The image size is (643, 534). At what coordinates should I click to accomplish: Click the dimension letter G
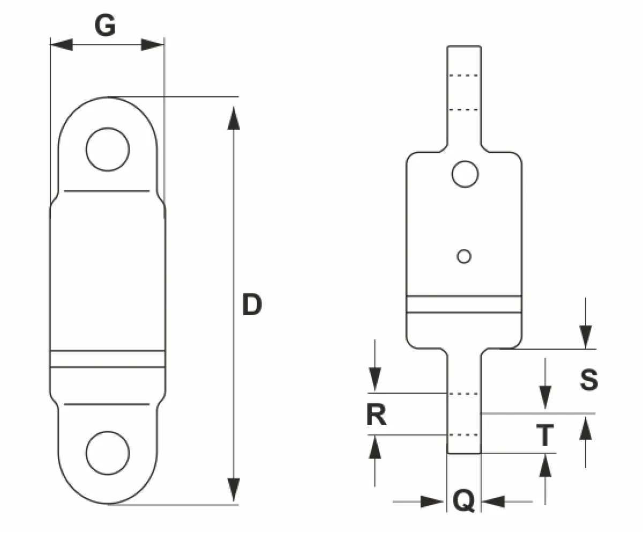click(105, 25)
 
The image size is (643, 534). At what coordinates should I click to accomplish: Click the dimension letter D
click(252, 305)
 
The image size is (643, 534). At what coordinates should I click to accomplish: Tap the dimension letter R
click(376, 414)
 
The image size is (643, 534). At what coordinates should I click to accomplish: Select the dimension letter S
click(589, 380)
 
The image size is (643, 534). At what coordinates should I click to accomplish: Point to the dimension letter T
click(545, 435)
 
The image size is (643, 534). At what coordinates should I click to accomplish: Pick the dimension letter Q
click(464, 501)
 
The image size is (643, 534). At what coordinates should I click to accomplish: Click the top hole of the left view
click(108, 128)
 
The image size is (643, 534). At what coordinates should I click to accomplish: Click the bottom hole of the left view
click(108, 432)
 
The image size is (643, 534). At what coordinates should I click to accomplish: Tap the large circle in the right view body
click(465, 161)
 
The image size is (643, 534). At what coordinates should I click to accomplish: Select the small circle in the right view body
click(464, 250)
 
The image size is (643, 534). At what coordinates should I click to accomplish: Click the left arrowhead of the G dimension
click(61, 44)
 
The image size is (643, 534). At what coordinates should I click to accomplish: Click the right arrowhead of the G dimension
click(152, 44)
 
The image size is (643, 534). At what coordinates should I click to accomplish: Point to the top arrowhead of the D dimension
click(234, 118)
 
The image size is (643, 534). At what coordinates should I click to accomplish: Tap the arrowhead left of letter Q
click(432, 502)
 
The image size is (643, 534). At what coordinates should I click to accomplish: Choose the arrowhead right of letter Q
click(494, 502)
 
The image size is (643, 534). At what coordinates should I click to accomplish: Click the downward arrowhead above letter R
click(375, 379)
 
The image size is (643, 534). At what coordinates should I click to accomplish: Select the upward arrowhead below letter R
click(375, 448)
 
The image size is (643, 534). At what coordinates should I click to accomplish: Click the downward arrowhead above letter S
click(586, 337)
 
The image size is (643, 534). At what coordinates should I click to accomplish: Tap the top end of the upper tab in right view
click(464, 46)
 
